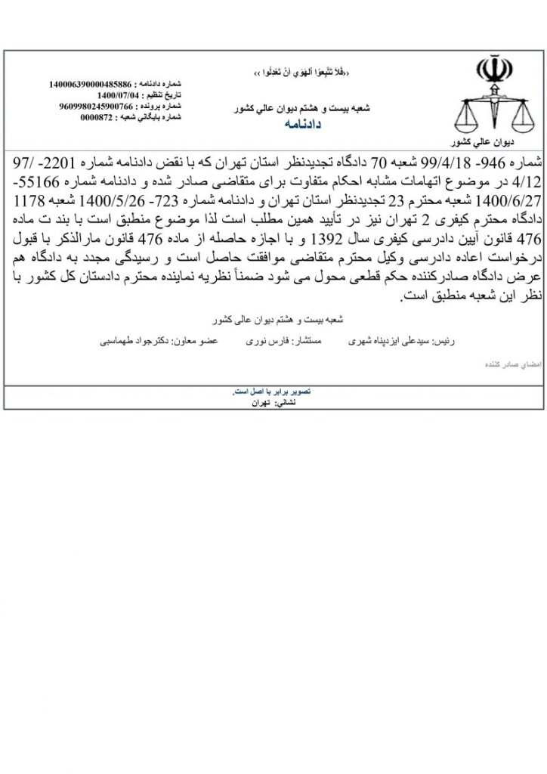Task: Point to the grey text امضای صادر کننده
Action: click(x=496, y=364)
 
